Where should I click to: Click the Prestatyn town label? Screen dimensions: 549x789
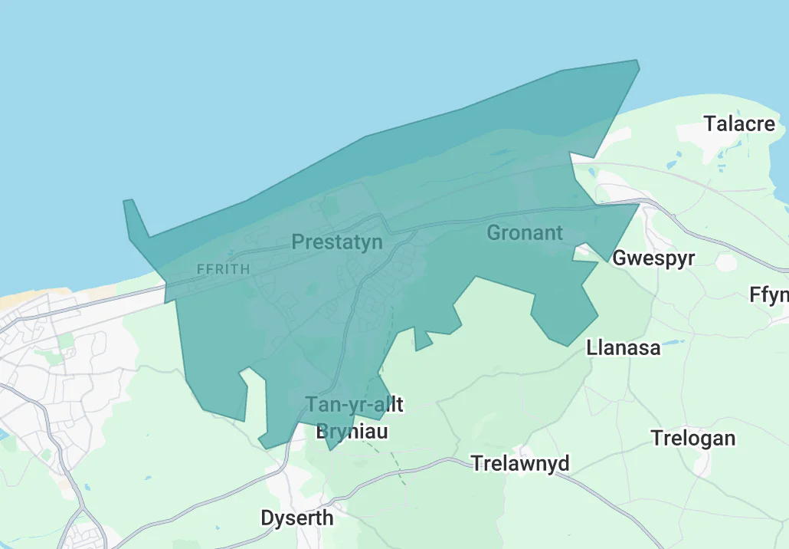tap(337, 243)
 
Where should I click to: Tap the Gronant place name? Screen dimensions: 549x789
tap(525, 232)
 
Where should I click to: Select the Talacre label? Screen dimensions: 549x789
tap(739, 123)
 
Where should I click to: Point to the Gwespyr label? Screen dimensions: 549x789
tap(653, 258)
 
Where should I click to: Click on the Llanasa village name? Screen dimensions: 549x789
tap(623, 347)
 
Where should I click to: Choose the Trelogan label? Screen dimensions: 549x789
tap(692, 439)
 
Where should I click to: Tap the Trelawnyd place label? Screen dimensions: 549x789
tap(520, 463)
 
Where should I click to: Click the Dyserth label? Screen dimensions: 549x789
tap(297, 518)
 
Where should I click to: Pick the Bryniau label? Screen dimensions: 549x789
tap(352, 432)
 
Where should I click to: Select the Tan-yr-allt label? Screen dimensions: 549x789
tap(354, 404)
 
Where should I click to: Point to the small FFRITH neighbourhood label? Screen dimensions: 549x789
tap(223, 269)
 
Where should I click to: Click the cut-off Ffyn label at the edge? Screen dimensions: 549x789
tap(769, 294)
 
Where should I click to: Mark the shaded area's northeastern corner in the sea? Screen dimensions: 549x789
tap(636, 62)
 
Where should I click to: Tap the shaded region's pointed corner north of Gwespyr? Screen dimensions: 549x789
tap(636, 205)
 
